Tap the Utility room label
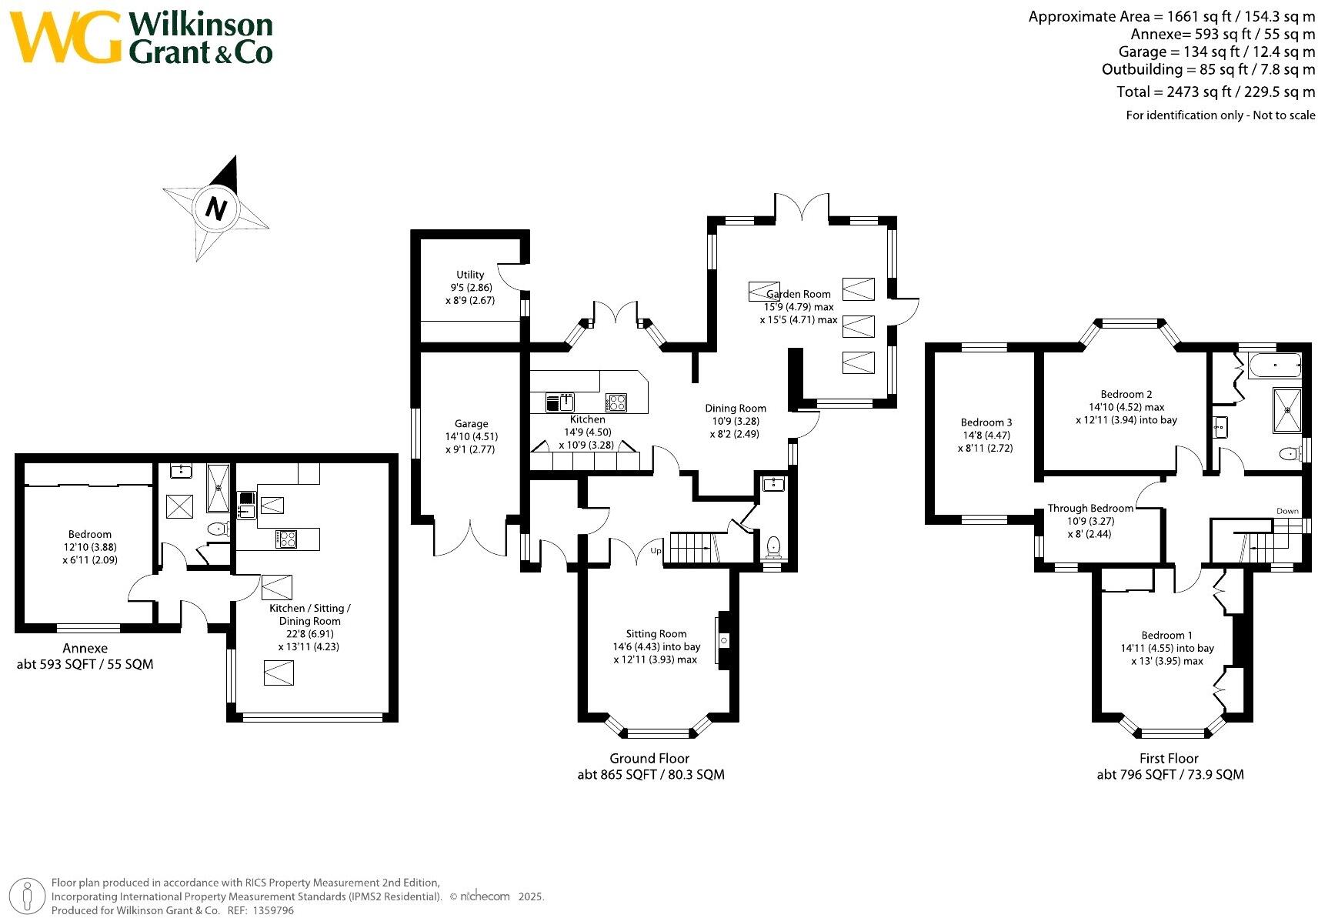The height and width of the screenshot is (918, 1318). pyautogui.click(x=470, y=275)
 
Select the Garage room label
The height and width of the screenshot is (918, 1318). pyautogui.click(x=471, y=424)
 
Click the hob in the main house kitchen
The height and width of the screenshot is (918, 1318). pyautogui.click(x=616, y=402)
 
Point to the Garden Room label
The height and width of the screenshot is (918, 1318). pyautogui.click(x=799, y=294)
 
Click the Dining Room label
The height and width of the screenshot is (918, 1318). pyautogui.click(x=735, y=409)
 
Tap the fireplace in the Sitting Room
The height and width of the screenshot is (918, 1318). pyautogui.click(x=723, y=640)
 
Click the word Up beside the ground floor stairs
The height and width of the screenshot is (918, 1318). pyautogui.click(x=656, y=551)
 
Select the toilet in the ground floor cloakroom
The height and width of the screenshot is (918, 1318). pyautogui.click(x=773, y=546)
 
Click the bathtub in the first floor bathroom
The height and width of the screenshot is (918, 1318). pyautogui.click(x=1275, y=366)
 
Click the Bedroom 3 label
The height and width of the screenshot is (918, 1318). pyautogui.click(x=986, y=422)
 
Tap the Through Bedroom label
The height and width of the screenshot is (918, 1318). pyautogui.click(x=1090, y=509)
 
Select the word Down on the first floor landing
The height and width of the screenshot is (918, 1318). pyautogui.click(x=1287, y=511)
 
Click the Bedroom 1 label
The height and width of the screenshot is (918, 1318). pyautogui.click(x=1166, y=636)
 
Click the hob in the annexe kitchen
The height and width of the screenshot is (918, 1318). pyautogui.click(x=286, y=539)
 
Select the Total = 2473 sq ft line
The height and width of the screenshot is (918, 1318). pyautogui.click(x=1215, y=92)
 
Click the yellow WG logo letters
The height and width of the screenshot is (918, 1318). pyautogui.click(x=65, y=37)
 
